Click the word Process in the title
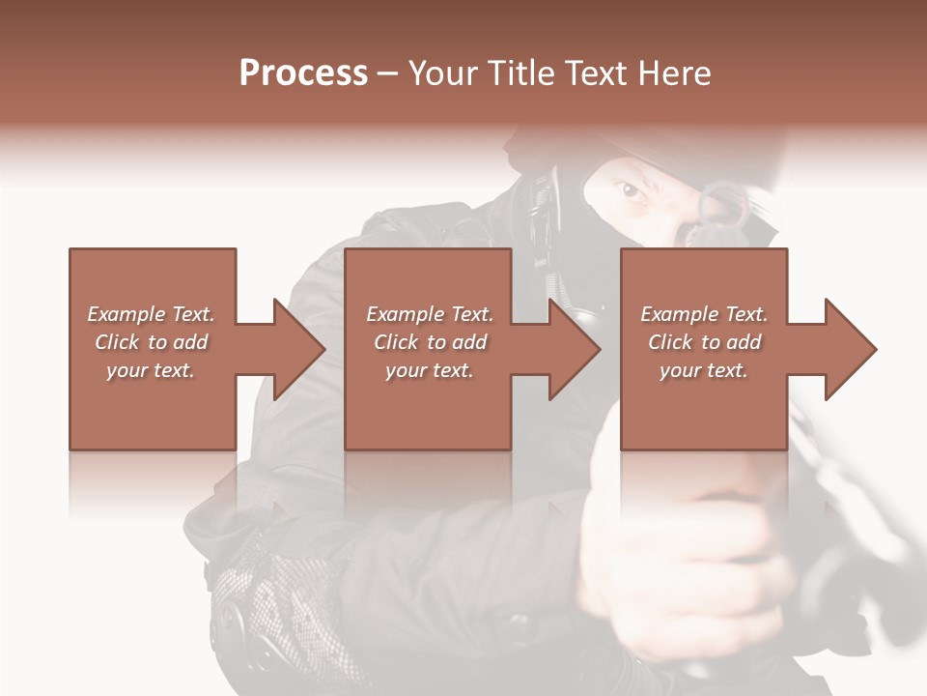[x=303, y=73]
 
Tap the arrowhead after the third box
[x=849, y=349]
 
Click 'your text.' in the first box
[x=151, y=370]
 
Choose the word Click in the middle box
[x=397, y=342]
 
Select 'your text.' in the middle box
[x=430, y=370]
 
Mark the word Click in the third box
[x=671, y=342]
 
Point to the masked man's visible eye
[x=630, y=189]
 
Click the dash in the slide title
[x=388, y=74]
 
